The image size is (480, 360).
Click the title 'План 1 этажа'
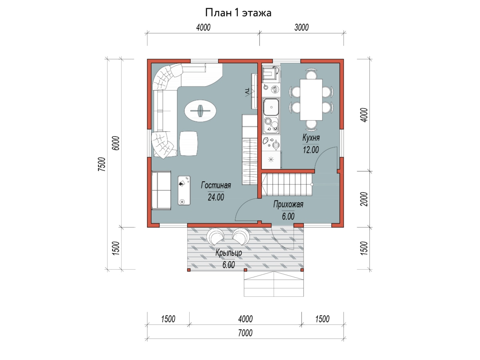[238, 13]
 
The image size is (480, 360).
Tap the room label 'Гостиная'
[216, 185]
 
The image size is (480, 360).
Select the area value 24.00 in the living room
[216, 197]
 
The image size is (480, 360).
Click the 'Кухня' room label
[311, 138]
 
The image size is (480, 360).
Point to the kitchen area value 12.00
[311, 150]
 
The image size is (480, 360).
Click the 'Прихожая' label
[288, 204]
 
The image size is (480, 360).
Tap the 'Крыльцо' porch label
[228, 253]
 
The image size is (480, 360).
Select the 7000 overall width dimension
[245, 333]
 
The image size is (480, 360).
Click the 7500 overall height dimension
[102, 164]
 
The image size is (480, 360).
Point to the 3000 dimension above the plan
[301, 28]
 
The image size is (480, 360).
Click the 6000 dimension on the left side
[116, 143]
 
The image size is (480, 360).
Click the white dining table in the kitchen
[311, 100]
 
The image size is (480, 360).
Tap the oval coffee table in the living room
[200, 111]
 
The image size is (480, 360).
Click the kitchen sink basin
[271, 107]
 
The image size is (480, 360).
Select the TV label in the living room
[247, 92]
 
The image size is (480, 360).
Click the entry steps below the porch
[274, 284]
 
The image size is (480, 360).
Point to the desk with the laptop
[184, 191]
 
